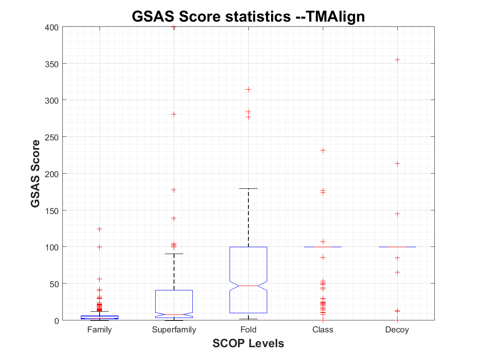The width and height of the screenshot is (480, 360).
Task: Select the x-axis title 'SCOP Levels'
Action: click(248, 343)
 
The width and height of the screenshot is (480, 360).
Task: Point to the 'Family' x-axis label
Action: click(99, 330)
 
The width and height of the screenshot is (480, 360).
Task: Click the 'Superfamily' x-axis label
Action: click(174, 330)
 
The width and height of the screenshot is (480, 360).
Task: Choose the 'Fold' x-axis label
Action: click(248, 330)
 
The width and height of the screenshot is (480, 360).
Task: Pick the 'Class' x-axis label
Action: click(323, 330)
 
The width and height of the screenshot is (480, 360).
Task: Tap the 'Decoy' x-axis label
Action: click(397, 330)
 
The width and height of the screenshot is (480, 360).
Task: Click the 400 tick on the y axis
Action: click(53, 27)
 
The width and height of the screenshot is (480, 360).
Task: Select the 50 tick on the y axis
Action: click(54, 284)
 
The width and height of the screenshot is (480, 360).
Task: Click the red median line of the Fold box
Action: click(248, 286)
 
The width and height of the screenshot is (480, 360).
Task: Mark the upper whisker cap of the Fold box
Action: click(248, 188)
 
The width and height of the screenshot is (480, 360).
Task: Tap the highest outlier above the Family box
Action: click(99, 229)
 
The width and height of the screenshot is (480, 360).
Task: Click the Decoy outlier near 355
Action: click(397, 60)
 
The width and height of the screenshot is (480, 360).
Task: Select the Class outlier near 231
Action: click(323, 150)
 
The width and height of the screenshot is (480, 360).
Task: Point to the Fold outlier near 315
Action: click(248, 89)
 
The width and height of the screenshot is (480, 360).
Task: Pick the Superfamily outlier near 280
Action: click(174, 114)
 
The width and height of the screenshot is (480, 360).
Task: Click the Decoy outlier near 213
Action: click(397, 164)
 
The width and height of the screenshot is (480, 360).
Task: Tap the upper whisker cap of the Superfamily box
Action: click(174, 254)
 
